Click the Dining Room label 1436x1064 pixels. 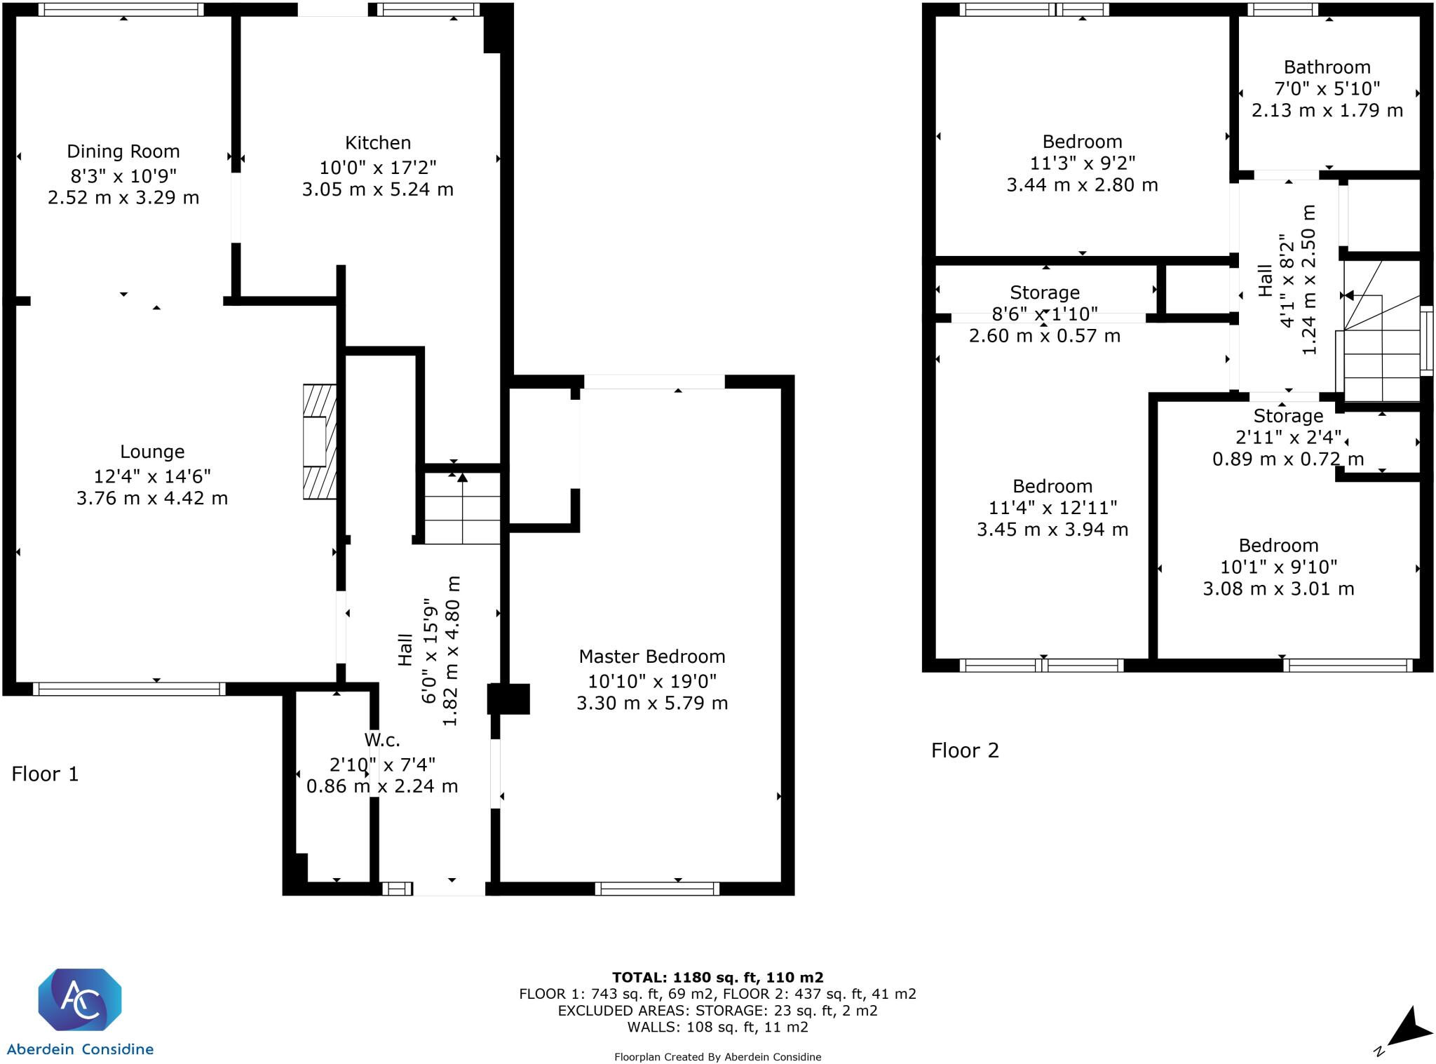click(123, 151)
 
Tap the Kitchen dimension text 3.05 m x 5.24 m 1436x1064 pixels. click(377, 189)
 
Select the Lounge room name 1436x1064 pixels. click(152, 452)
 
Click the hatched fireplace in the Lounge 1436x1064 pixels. click(320, 442)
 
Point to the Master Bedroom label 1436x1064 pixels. click(651, 656)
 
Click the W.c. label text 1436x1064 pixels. click(382, 740)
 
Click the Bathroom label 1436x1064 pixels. click(1327, 67)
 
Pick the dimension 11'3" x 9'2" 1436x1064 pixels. click(1082, 163)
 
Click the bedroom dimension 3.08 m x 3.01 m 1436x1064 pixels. click(1278, 588)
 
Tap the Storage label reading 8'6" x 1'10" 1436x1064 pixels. click(1044, 314)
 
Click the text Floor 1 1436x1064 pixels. click(45, 774)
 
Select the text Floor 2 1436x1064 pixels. click(964, 750)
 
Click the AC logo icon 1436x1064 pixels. click(79, 999)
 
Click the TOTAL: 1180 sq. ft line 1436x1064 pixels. click(717, 977)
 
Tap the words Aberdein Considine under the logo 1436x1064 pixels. click(79, 1049)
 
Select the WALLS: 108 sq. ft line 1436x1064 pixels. click(717, 1027)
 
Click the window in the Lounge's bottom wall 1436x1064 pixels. click(129, 689)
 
